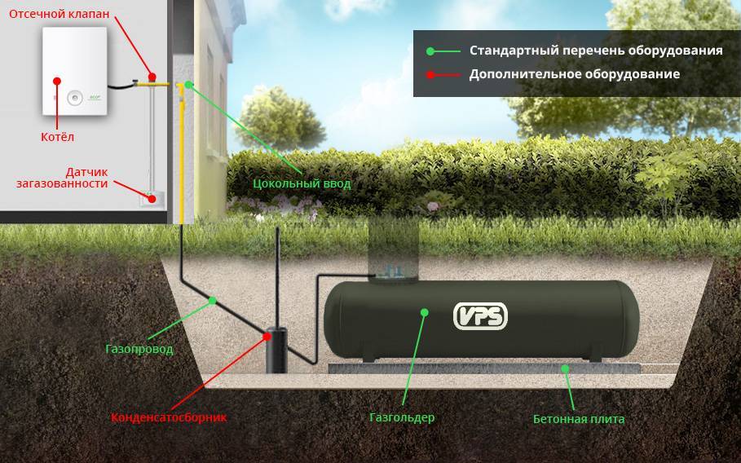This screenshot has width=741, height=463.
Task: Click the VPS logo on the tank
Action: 480,315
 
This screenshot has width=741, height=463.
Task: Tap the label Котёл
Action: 57,137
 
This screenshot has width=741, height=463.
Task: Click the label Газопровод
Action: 139,349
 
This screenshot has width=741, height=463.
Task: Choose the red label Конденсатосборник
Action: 169,417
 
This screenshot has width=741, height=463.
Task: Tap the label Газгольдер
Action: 402,417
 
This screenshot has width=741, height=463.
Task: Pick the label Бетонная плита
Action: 579,419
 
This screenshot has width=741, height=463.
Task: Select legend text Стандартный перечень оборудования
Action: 596,51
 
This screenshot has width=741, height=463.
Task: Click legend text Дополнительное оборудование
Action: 574,74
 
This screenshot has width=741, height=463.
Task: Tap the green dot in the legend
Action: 430,51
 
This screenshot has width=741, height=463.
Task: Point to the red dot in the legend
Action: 430,74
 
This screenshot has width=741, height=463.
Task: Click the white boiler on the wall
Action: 75,71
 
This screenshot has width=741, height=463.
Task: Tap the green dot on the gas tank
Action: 424,311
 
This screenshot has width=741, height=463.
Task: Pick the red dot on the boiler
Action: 57,81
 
